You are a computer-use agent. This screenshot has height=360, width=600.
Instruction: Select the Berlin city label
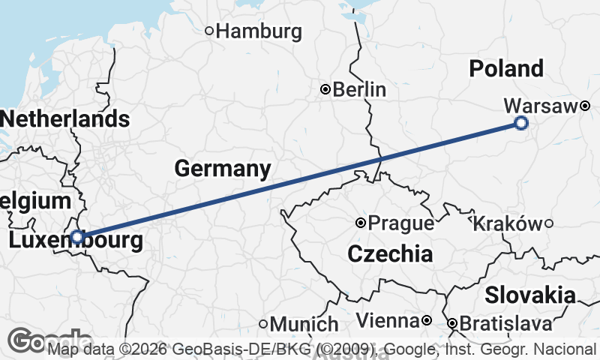coord(359,90)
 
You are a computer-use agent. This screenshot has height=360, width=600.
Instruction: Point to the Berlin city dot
coord(325,89)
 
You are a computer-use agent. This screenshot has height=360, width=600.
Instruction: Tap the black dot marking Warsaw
coord(584,106)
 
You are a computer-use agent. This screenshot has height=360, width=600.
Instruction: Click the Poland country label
coord(506,69)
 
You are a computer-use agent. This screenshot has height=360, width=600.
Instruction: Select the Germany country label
coord(223,169)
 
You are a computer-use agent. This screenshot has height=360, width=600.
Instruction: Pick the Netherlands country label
coord(65,119)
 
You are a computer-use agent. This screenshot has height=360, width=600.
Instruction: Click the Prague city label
coord(400,223)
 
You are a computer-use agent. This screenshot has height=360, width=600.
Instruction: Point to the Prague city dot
coord(361,223)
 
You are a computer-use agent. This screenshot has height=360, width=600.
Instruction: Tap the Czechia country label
coord(390,254)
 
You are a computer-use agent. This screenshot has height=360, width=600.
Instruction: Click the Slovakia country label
coord(530,295)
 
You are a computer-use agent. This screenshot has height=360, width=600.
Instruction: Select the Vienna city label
coord(387,322)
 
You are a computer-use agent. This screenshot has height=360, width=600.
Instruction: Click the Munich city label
coord(304,325)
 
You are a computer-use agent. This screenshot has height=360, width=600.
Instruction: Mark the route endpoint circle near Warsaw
coord(521,123)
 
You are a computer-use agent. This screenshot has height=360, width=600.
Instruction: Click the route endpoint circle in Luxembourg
coord(77,236)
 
